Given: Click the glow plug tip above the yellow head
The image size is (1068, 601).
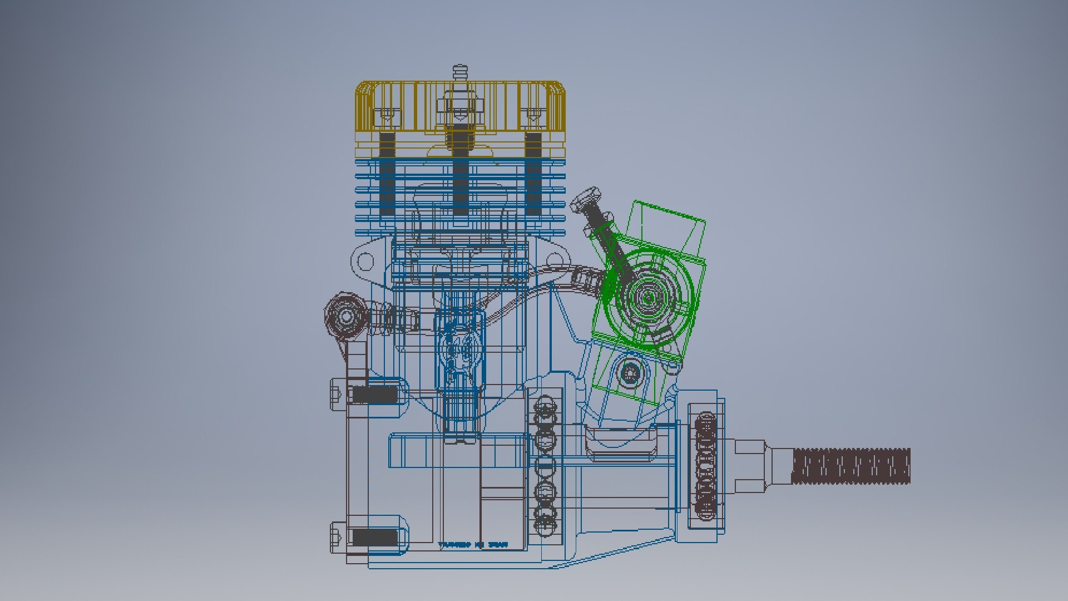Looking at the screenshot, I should pos(459,71).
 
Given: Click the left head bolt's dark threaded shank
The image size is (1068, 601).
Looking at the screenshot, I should pos(387,173).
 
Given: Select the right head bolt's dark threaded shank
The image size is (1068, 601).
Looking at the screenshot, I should pos(533,173).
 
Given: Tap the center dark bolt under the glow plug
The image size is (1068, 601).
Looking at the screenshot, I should pos(459,173).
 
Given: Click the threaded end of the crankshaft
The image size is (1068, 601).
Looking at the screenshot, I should pos(851,466).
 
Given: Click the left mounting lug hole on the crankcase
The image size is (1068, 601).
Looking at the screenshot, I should pos(365,261).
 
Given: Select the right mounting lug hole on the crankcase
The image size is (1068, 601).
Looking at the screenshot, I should pos(555,261).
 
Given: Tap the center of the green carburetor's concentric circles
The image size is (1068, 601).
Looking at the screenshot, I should pos(648,298).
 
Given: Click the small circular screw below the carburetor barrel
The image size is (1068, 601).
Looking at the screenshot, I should pos(630,372).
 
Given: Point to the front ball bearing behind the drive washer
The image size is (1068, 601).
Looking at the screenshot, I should pos(706,466).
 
